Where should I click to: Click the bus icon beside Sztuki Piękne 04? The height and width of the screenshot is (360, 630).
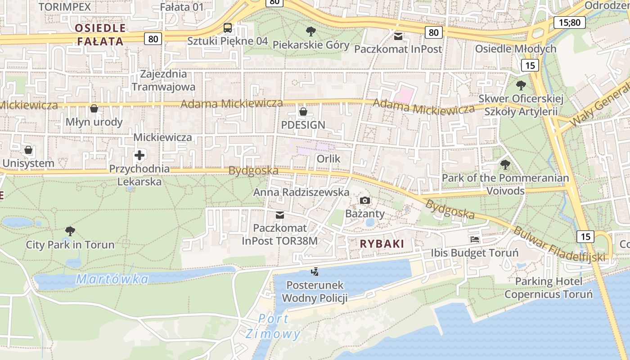(228, 28)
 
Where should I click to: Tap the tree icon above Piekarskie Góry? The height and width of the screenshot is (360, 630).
(310, 31)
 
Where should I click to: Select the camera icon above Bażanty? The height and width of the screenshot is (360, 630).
(364, 200)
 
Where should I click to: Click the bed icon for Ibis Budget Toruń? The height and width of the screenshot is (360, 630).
(474, 239)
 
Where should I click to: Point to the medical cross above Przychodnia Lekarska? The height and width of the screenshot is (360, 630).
(139, 156)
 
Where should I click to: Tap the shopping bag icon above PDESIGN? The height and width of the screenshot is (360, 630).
(303, 111)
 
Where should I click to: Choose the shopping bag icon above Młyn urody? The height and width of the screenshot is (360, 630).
(94, 108)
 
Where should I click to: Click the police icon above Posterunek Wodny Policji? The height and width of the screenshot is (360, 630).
(315, 271)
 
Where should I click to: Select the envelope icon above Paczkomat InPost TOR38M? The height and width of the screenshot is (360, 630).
(280, 215)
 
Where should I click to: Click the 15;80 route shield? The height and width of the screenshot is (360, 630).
(569, 22)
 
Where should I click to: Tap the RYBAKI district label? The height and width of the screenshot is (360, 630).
(382, 244)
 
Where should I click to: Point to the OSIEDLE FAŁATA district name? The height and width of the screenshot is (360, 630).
(100, 35)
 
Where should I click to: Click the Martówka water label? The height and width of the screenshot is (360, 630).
(112, 279)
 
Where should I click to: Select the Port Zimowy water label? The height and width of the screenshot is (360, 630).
(273, 326)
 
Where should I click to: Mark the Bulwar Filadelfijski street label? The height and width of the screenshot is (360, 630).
(559, 245)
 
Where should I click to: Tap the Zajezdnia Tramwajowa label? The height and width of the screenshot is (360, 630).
(163, 80)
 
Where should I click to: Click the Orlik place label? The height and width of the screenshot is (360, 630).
(328, 159)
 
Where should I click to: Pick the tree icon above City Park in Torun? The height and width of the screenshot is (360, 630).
(70, 231)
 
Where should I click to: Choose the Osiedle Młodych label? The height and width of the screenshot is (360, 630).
(516, 49)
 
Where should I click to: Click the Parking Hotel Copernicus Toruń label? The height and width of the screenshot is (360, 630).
(548, 288)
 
